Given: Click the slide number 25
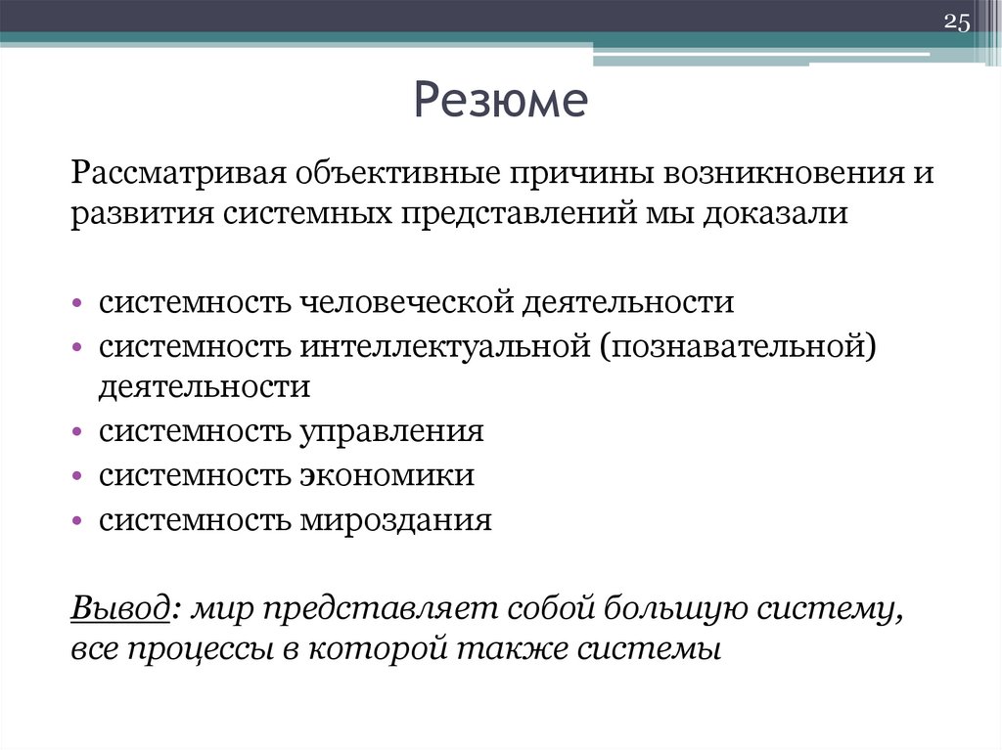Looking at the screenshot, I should coord(955,22).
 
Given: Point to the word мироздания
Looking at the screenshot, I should coord(396,519).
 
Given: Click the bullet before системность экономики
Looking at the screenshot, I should coord(77,475).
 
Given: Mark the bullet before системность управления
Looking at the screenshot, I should coord(77,431).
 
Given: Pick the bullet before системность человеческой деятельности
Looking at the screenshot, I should coord(77,301).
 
